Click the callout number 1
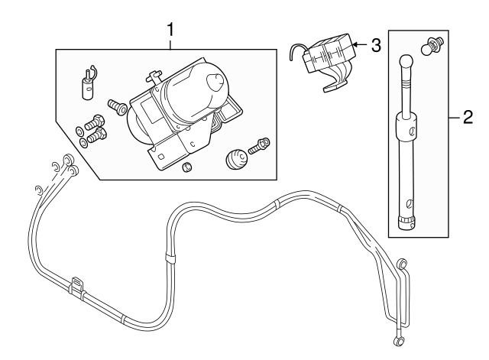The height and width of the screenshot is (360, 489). pos(171,30)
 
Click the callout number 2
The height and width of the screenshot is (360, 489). pos(468,118)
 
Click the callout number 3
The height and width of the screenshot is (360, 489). pos(374,45)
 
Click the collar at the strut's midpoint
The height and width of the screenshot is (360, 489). pos(408,126)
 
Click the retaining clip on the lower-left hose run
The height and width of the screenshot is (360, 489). pos(77,284)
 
